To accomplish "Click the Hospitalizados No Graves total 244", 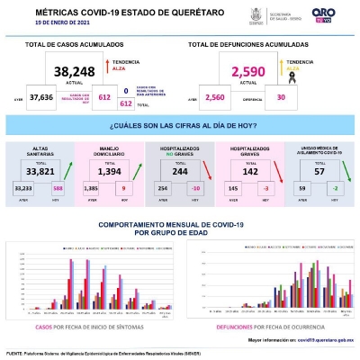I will (181, 170).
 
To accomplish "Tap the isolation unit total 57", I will (319, 170).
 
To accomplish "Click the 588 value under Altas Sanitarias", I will (58, 188).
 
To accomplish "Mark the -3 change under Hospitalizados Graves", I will (263, 188).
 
